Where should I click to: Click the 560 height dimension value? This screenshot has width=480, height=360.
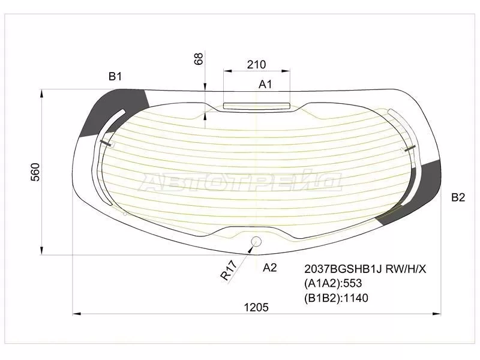pos(35,172)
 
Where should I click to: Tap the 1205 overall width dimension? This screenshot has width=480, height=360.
pos(256,307)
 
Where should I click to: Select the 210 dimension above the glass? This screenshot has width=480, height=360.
pos(257,65)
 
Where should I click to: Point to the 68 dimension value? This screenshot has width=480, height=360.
pos(199,59)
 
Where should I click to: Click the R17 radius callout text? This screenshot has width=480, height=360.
pos(229,271)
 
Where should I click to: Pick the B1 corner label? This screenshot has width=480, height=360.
pos(115,76)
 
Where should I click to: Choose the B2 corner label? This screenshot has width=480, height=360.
pos(458,197)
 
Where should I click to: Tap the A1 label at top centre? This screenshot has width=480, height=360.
pos(265,84)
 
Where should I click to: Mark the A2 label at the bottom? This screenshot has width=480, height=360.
pos(269,268)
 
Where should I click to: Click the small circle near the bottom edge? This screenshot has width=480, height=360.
pos(256,242)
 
